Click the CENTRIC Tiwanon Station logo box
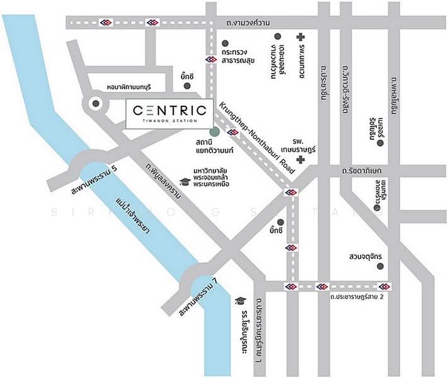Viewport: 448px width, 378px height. pyautogui.click(x=169, y=113)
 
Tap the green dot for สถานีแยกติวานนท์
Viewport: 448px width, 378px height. pyautogui.click(x=215, y=132)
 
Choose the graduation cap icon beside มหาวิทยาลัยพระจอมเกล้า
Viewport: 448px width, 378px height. pyautogui.click(x=185, y=182)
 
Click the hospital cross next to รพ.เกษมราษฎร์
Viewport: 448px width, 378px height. pyautogui.click(x=301, y=161)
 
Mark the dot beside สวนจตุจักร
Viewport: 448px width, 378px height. pyautogui.click(x=380, y=266)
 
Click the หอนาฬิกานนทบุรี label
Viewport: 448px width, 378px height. pyautogui.click(x=134, y=87)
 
